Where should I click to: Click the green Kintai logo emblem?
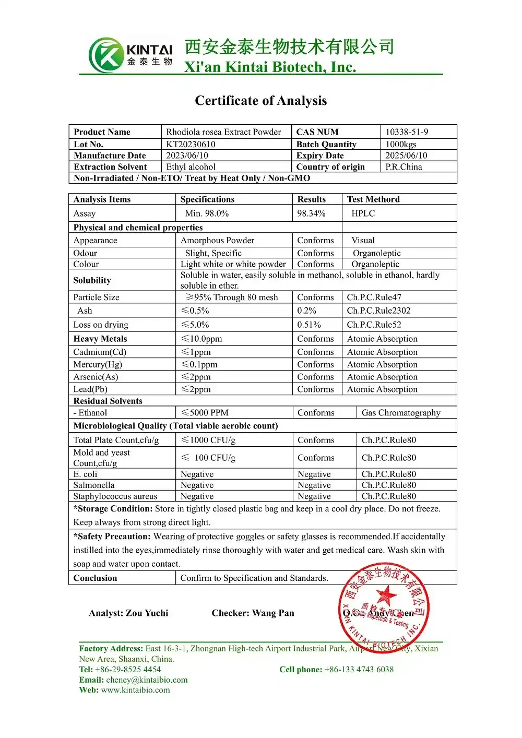pyautogui.click(x=106, y=55)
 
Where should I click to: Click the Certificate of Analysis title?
pyautogui.click(x=260, y=101)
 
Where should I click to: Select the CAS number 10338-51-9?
pyautogui.click(x=407, y=132)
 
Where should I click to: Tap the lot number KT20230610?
pyautogui.click(x=191, y=144)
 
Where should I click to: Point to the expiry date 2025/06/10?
pyautogui.click(x=406, y=156)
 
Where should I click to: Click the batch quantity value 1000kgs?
pyautogui.click(x=401, y=144)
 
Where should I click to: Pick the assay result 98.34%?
pyautogui.click(x=311, y=213)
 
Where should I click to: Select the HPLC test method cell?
pyautogui.click(x=363, y=213)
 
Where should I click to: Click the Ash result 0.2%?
pyautogui.click(x=306, y=311)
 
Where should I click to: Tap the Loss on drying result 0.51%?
pyautogui.click(x=309, y=325)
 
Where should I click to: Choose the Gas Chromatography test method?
pyautogui.click(x=401, y=413)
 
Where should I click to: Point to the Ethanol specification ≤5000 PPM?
pyautogui.click(x=205, y=413)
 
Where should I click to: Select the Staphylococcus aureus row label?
pyautogui.click(x=115, y=496)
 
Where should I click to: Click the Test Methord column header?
pyautogui.click(x=373, y=199)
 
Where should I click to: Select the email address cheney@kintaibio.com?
pyautogui.click(x=147, y=680)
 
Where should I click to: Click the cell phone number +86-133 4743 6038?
pyautogui.click(x=359, y=670)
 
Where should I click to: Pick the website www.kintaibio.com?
pyautogui.click(x=135, y=690)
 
